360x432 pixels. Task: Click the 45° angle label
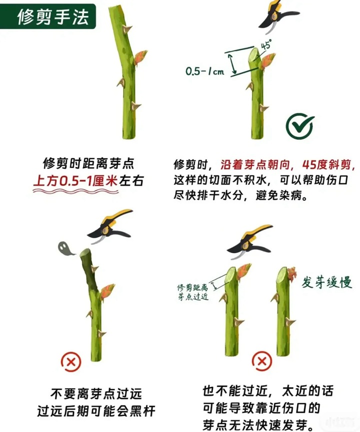point(266,44)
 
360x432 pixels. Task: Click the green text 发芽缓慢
point(323,282)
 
